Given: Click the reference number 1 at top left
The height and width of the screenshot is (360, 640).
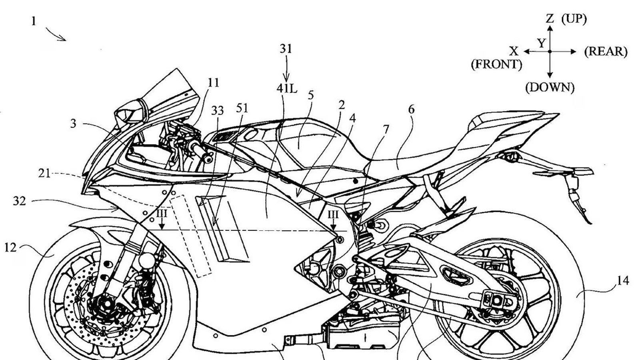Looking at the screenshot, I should coord(34,21).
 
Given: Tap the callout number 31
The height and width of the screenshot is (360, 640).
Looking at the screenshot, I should coord(286,49).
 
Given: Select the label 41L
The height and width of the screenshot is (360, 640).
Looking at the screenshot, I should coord(287,88).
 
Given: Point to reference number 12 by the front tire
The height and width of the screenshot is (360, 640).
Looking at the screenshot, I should coord(10,248).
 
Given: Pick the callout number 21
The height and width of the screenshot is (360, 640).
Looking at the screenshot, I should coord(44,173).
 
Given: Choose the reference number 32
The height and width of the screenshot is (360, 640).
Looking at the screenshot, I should coord(19,201).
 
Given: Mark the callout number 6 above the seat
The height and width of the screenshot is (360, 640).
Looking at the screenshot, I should coord(411,109).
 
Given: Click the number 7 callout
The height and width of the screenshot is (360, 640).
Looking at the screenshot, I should coord(385,129).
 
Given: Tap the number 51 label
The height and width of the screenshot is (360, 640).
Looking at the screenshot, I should coord(242,108).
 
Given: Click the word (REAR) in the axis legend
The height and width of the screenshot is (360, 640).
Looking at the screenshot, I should coord(606,52).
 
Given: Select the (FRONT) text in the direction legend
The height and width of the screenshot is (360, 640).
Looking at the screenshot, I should coord(496,64).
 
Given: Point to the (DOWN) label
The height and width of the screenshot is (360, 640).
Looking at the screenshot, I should coord(550,88).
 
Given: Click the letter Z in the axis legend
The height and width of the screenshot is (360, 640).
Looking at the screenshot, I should coord(550,18).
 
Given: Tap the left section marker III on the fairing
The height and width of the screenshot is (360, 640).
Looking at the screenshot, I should coord(162,214).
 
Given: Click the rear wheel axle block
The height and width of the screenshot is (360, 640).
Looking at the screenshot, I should coord(494,299).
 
